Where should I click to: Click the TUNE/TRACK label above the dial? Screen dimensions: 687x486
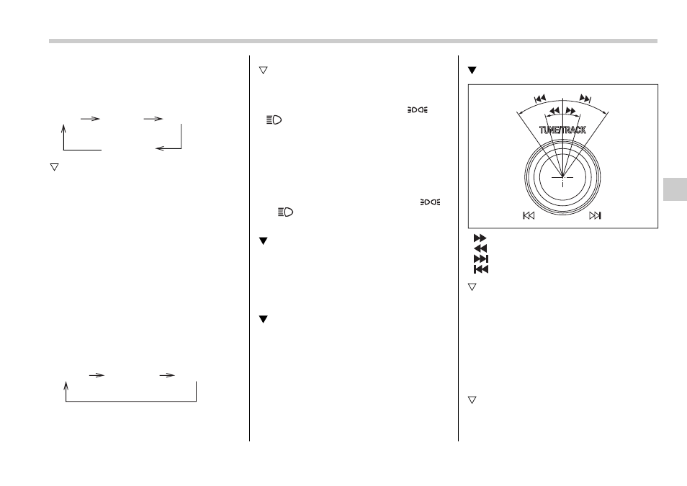pos(562,130)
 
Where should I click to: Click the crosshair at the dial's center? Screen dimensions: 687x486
pos(562,177)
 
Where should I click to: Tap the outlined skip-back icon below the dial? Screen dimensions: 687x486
pos(529,215)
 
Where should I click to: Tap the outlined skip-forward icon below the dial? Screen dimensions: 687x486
pos(595,215)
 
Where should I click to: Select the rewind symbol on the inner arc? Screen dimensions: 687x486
pos(554,110)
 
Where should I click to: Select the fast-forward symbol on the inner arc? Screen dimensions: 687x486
pos(570,110)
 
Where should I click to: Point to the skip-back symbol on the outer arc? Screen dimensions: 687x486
pos(540,98)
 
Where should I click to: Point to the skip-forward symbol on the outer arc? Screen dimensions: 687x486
pos(585,98)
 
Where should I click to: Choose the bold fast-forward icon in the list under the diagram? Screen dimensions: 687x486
pos(480,238)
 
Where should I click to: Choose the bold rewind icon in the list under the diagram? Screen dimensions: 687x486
pos(480,248)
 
